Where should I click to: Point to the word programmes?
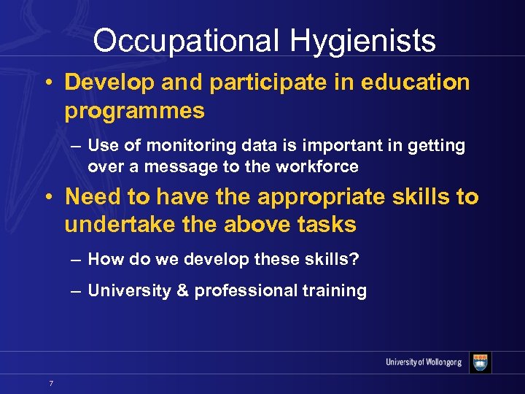coord(134,111)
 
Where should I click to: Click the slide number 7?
coord(50,382)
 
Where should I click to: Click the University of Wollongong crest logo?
coord(481,363)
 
